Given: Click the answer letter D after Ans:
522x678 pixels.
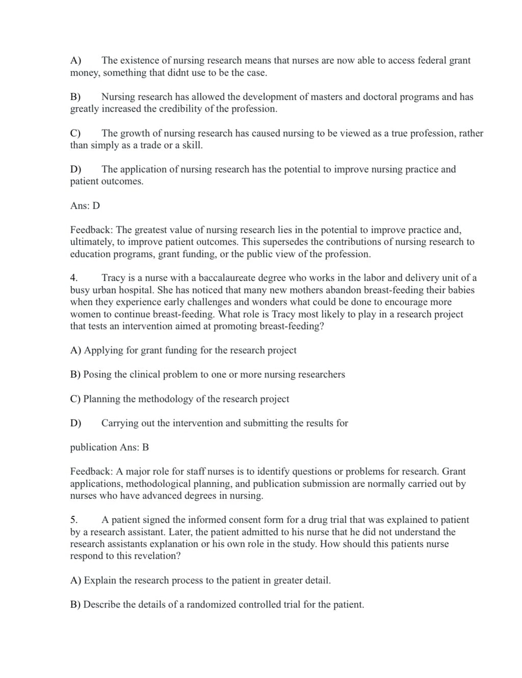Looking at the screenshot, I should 96,206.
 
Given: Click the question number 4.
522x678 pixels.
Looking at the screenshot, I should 74,278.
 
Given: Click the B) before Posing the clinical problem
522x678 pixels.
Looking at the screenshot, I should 75,375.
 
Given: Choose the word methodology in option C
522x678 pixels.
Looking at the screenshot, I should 166,399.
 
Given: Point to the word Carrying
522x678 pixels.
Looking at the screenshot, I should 120,423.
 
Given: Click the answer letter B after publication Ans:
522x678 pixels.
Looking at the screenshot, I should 146,448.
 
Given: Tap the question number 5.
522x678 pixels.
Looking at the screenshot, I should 74,520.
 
